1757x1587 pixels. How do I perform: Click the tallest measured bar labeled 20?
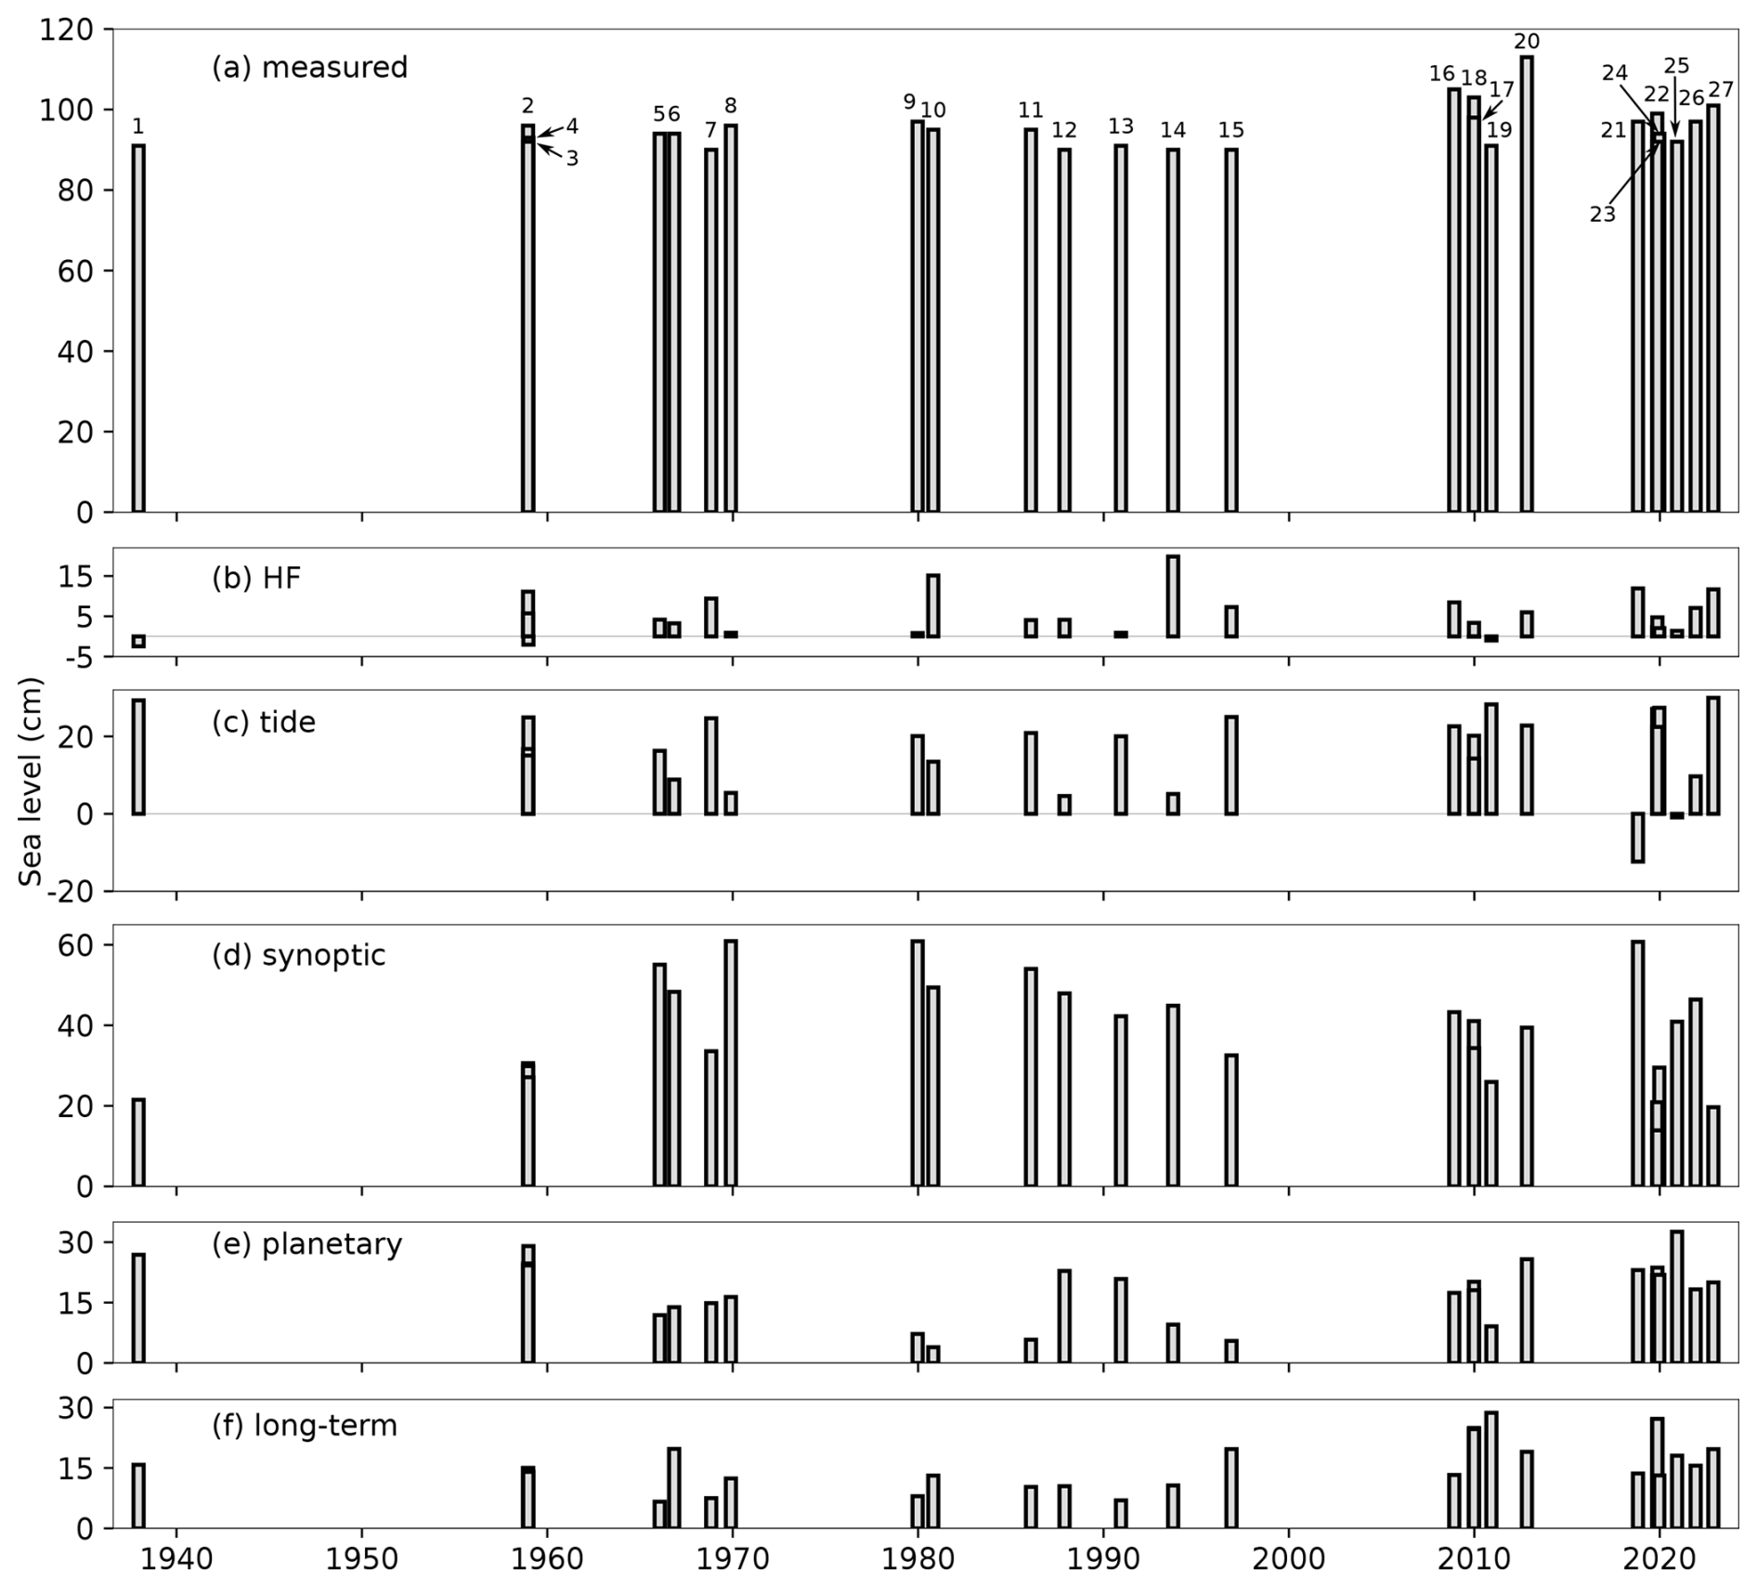1527,284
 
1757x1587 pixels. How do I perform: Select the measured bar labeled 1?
138,328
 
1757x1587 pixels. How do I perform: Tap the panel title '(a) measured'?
309,68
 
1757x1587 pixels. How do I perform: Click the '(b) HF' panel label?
256,579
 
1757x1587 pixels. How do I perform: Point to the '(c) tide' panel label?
264,722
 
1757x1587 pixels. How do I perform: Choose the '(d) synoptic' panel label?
298,956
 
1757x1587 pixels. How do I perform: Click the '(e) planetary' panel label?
306,1244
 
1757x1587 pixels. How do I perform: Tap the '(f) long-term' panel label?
305,1425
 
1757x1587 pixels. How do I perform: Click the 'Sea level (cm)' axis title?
32,782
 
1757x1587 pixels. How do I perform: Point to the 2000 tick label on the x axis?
1288,1559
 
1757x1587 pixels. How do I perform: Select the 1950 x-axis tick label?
361,1559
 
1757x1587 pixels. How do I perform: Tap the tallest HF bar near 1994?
1173,596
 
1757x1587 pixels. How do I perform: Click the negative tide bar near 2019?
1637,838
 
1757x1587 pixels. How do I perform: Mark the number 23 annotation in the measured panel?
1602,215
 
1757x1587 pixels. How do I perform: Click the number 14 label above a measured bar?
1173,130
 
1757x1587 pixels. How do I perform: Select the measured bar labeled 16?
1453,300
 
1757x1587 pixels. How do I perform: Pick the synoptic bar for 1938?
138,1142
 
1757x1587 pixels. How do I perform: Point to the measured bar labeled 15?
1231,330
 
